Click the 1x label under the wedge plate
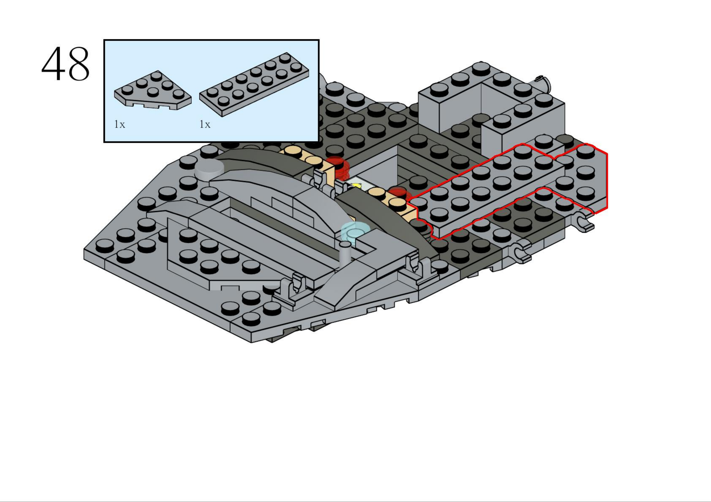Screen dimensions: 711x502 pos(119,124)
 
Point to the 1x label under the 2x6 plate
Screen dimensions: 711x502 pos(205,124)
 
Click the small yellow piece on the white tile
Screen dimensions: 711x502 pos(356,186)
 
